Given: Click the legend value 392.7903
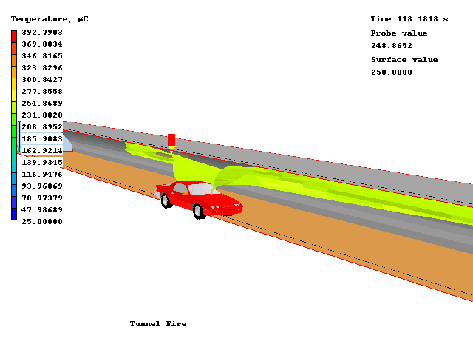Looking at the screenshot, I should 41,33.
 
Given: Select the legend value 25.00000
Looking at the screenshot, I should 41,221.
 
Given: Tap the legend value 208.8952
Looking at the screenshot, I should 41,127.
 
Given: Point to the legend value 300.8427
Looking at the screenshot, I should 41,80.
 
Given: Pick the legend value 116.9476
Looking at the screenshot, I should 41,175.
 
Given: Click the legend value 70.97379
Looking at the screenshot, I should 41,198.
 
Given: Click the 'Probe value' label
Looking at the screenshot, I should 399,33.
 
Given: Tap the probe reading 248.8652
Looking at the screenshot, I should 392,46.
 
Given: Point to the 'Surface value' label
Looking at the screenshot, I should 404,60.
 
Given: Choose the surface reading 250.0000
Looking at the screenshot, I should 392,72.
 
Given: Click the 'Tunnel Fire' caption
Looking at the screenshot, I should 158,324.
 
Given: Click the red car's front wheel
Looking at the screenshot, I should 198,211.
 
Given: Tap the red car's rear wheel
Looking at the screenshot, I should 167,200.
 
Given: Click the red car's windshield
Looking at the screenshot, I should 200,189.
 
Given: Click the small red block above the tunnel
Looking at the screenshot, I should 171,140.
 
